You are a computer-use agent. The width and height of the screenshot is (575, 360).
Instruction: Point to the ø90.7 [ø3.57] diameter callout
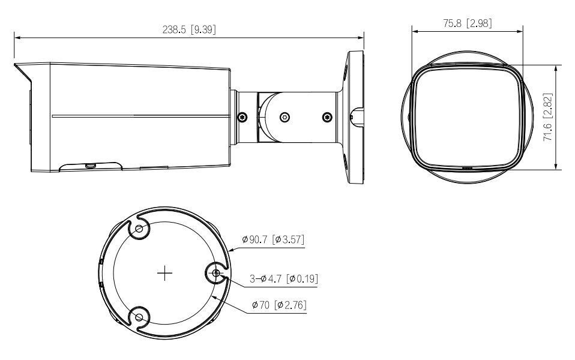click(x=273, y=239)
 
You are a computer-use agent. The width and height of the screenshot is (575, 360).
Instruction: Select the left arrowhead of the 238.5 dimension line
click(x=17, y=37)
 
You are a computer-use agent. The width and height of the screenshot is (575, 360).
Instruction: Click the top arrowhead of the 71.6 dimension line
click(x=558, y=63)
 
